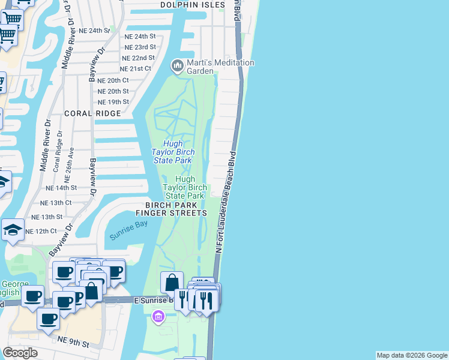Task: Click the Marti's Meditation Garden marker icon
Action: point(177,65)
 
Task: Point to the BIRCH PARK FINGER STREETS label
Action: point(171,208)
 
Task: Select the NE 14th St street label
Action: point(62,188)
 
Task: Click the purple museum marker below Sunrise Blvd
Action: point(158,316)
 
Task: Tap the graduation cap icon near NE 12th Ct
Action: point(13,230)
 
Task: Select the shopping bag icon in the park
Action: point(172,283)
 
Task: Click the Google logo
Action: point(20,353)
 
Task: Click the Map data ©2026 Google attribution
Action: point(412,355)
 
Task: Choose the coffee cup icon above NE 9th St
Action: point(49,319)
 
